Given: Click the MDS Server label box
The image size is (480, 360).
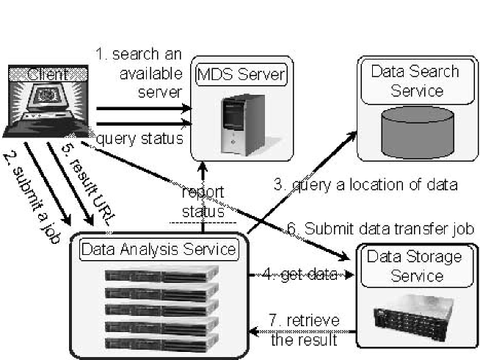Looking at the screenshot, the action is (241, 74).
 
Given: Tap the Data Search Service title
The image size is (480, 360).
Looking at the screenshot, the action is (415, 82).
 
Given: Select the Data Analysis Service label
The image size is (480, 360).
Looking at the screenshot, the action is (159, 249).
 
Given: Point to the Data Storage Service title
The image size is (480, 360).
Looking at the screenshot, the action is (415, 266).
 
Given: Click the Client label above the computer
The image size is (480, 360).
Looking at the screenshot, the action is (48, 74).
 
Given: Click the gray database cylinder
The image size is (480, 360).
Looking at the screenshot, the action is (418, 132).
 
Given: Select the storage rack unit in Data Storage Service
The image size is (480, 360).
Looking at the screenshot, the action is (413, 319).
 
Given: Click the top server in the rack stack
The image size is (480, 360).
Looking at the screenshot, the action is (161, 273).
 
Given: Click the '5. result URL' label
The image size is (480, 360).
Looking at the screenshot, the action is (89, 184).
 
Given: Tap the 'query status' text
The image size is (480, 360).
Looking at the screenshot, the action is (140, 139).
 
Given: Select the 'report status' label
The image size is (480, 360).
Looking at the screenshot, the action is (203, 202).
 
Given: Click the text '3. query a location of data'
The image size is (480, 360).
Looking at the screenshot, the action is (366, 185).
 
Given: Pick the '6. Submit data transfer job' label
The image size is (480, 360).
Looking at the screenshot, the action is (380, 228).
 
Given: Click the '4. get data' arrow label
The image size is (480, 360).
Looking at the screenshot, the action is (300, 275).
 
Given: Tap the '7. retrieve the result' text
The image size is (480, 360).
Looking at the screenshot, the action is (305, 330).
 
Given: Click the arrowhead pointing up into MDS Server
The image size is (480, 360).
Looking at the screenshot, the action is (203, 168).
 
